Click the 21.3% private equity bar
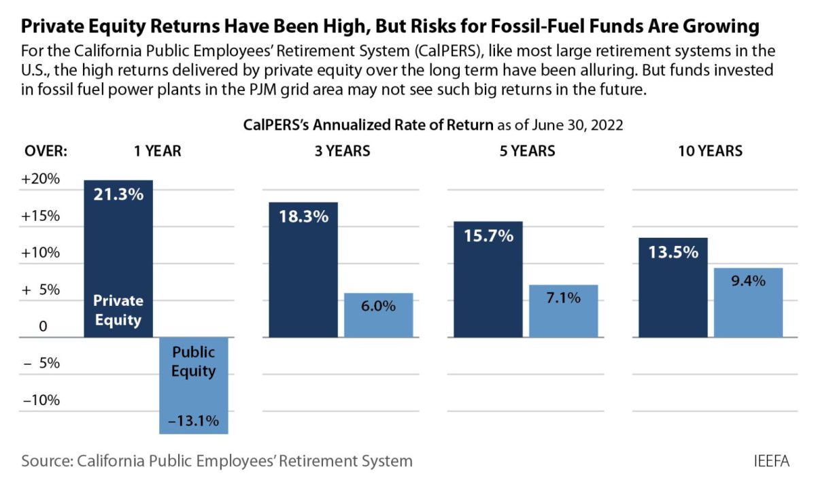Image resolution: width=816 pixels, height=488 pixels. coord(118,258)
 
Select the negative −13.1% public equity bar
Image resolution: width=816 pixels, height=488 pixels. coord(193,385)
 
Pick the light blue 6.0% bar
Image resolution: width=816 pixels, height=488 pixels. coord(378,315)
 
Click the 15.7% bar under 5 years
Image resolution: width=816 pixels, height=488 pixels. coord(488,279)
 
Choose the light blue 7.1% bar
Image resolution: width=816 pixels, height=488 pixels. coord(563,311)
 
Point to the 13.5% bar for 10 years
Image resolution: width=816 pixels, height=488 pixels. coord(673,287)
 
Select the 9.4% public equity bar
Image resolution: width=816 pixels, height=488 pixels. coord(748,302)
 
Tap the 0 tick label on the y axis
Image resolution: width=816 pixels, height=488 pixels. coord(43,327)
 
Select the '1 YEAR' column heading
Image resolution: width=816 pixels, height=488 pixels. coord(158,151)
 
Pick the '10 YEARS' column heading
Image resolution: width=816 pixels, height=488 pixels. coord(710,151)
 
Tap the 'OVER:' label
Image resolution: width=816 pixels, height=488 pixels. coord(46,151)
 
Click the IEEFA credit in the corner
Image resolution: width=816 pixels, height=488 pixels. coord(772,461)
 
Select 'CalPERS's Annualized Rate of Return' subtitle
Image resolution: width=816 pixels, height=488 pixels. coord(368,125)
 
